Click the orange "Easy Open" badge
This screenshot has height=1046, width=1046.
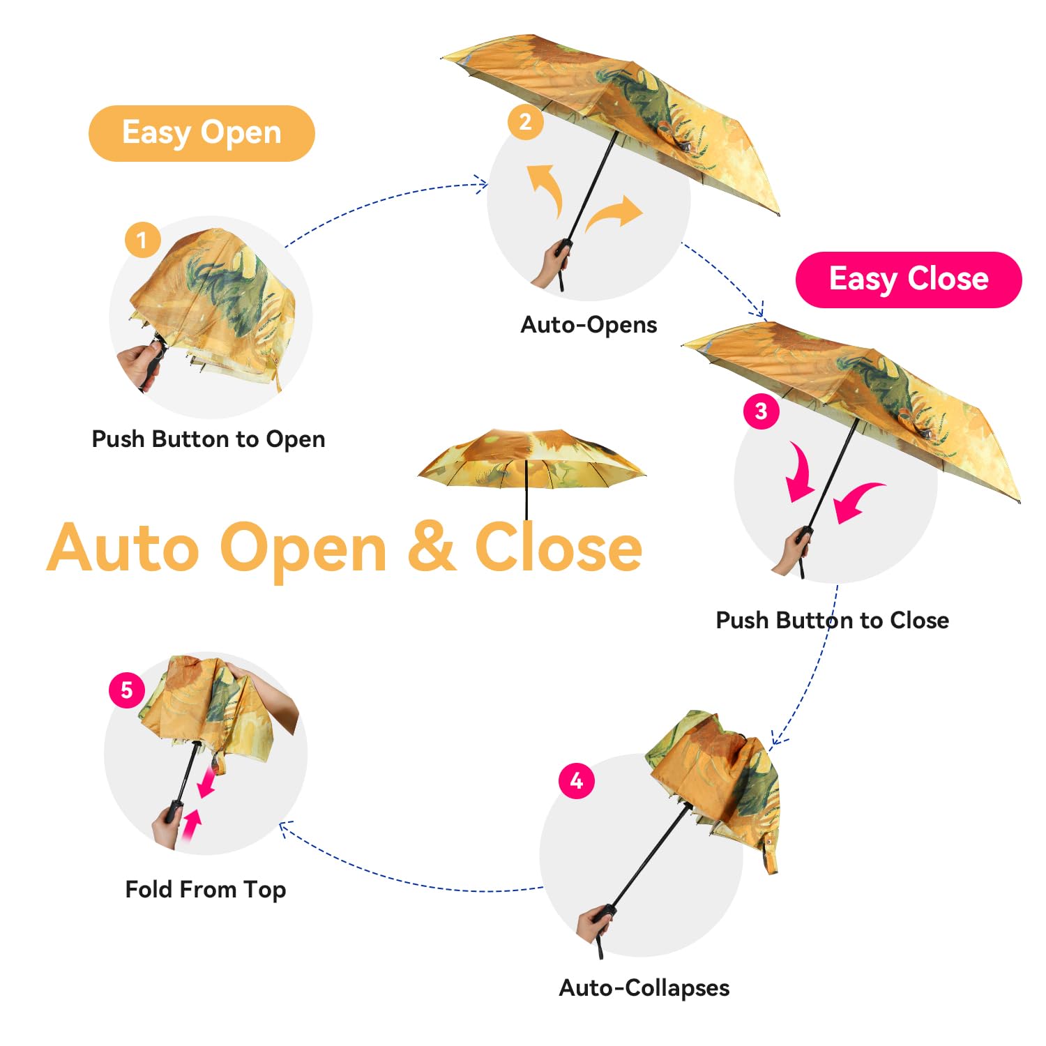pyautogui.click(x=202, y=133)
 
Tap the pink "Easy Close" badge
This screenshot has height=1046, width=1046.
pyautogui.click(x=908, y=280)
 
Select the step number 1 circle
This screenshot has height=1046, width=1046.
pyautogui.click(x=142, y=240)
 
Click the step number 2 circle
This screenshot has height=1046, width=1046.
pyautogui.click(x=525, y=122)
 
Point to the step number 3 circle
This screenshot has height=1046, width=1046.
pyautogui.click(x=761, y=411)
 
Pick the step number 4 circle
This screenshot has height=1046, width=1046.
pyautogui.click(x=577, y=780)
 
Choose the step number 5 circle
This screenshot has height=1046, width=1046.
pyautogui.click(x=126, y=690)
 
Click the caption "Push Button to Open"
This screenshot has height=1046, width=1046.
pyautogui.click(x=209, y=439)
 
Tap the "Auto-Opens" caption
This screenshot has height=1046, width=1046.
pyautogui.click(x=589, y=325)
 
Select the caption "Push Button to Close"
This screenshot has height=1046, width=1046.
pyautogui.click(x=832, y=620)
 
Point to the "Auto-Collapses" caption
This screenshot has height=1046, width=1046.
pyautogui.click(x=644, y=987)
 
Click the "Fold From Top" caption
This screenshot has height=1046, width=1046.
pyautogui.click(x=206, y=889)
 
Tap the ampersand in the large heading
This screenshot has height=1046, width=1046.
pyautogui.click(x=432, y=548)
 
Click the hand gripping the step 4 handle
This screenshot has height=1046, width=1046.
pyautogui.click(x=594, y=922)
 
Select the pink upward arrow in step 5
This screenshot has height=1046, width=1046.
pyautogui.click(x=190, y=825)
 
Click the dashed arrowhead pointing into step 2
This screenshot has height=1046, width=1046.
pyautogui.click(x=481, y=184)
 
